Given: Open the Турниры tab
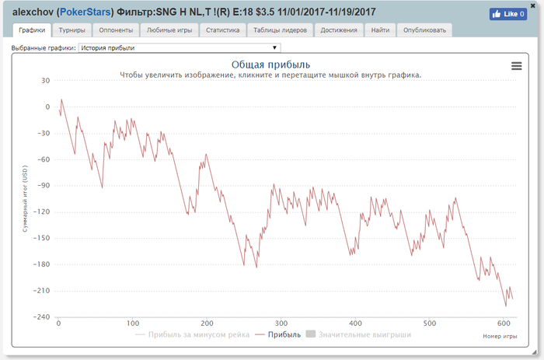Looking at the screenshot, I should click(72, 30).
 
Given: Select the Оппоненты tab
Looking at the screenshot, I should click(116, 30).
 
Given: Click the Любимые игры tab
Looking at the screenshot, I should click(168, 30).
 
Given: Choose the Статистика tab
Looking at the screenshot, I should click(222, 30).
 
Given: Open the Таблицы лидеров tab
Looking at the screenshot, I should click(281, 30).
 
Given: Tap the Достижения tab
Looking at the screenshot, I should click(339, 30).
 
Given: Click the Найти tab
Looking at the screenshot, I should click(381, 30).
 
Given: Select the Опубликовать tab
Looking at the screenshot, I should click(424, 30).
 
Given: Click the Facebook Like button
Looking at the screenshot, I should click(507, 13).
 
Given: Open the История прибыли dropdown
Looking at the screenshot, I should click(178, 47).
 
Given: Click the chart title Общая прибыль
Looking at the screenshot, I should click(271, 64).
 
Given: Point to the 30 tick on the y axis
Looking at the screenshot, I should click(44, 81).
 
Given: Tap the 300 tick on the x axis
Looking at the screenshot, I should click(281, 323).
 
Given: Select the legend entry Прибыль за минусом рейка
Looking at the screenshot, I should click(192, 334).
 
